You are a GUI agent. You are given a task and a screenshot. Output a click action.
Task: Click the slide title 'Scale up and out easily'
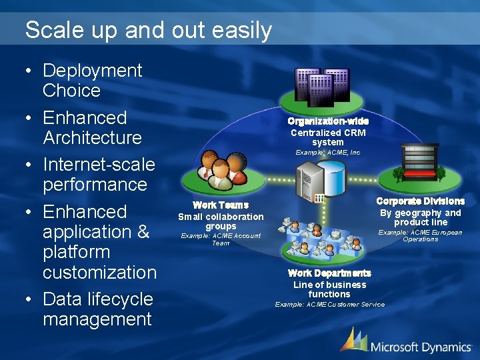148,30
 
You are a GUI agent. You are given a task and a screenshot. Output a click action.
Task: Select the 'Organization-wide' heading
328,121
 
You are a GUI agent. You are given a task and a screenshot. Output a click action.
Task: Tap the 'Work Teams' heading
221,205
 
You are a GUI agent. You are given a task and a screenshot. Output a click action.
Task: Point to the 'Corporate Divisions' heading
421,201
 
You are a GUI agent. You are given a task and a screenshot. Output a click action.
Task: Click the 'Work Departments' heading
329,273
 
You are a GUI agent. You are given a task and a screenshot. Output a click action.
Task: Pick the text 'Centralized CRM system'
328,137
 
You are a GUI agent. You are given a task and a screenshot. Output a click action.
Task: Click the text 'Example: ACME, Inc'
328,153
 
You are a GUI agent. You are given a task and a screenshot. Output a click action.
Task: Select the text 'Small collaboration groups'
221,221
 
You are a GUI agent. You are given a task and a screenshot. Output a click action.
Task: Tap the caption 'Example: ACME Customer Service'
330,305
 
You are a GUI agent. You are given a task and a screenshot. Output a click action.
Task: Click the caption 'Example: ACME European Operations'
421,235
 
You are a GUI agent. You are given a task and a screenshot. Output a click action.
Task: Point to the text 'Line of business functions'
329,289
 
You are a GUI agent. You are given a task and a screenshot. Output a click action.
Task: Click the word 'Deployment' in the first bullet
92,71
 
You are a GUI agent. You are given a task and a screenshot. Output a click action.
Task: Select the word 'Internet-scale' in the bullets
99,164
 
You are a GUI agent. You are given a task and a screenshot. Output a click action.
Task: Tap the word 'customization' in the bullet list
99,272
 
